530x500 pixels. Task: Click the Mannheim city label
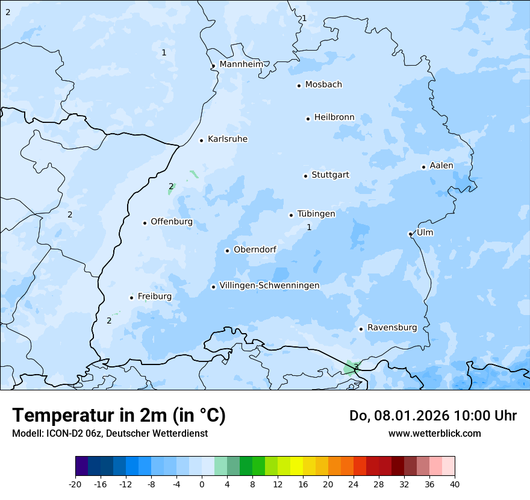click(241, 64)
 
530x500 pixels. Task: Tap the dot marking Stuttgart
click(305, 176)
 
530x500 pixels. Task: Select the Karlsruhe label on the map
click(228, 139)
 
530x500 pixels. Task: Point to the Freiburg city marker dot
click(131, 298)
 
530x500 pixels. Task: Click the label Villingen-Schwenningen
click(269, 286)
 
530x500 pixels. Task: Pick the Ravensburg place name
click(392, 328)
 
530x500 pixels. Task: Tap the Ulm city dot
click(410, 234)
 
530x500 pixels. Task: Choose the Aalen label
click(441, 166)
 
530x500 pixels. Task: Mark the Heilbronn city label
click(334, 117)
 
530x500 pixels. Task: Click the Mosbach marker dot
click(299, 86)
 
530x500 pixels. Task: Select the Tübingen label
click(316, 214)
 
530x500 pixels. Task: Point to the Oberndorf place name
click(255, 249)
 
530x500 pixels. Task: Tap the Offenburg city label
click(172, 222)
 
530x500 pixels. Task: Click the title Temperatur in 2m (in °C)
click(119, 415)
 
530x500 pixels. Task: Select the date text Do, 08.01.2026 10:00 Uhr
click(433, 416)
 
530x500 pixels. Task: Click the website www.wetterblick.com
click(435, 433)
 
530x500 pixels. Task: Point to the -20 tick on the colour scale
click(75, 484)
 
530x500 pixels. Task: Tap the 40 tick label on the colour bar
click(455, 484)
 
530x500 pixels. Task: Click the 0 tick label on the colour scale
click(202, 484)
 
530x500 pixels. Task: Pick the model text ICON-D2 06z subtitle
click(110, 433)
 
